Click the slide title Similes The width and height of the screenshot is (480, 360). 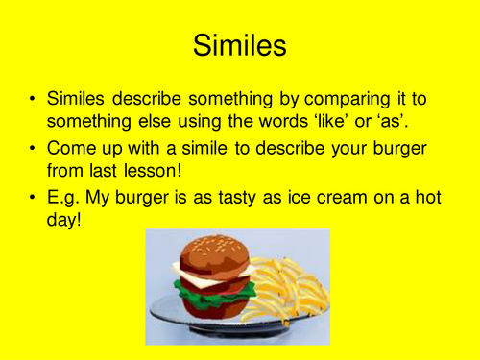point(239,44)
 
